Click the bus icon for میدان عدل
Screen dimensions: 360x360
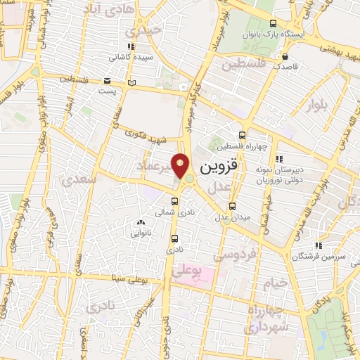233,206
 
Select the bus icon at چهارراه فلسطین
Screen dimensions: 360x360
243,135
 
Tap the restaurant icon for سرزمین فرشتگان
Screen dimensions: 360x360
319,245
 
